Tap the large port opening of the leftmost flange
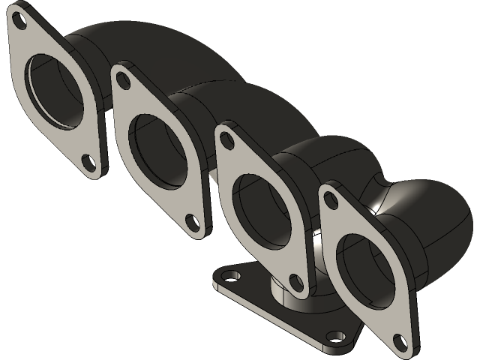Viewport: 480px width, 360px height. (x=54, y=91)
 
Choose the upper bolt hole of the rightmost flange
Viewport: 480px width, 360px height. (x=330, y=196)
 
